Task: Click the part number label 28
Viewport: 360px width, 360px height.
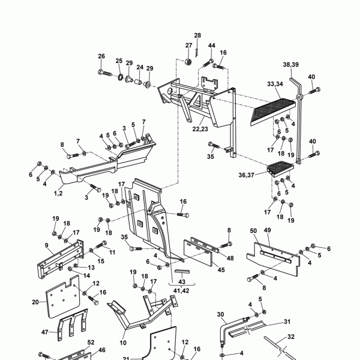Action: [x=197, y=35]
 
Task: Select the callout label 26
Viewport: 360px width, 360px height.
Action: [x=101, y=56]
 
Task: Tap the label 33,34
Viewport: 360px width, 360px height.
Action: [x=275, y=84]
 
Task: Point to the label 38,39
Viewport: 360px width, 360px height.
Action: [x=291, y=65]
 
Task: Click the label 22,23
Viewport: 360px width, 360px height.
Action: [x=200, y=129]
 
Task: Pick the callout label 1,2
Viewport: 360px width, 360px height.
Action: [x=58, y=193]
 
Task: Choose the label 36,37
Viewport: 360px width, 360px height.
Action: [x=247, y=175]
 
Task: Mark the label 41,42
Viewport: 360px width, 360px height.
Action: [x=181, y=291]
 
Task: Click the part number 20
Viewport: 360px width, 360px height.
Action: [x=35, y=302]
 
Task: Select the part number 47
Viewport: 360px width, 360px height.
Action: [x=45, y=332]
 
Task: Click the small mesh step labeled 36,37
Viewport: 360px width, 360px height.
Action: [x=280, y=169]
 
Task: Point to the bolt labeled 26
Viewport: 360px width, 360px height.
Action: [x=104, y=73]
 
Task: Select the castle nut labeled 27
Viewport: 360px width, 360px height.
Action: [x=188, y=62]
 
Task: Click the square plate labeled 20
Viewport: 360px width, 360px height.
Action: [x=62, y=297]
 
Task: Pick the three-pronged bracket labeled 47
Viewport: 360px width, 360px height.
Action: [x=73, y=324]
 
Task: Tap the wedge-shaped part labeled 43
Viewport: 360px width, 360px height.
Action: [x=182, y=272]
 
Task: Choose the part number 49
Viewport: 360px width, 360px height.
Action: [x=268, y=230]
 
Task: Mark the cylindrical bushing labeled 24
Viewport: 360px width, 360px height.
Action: [x=138, y=82]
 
